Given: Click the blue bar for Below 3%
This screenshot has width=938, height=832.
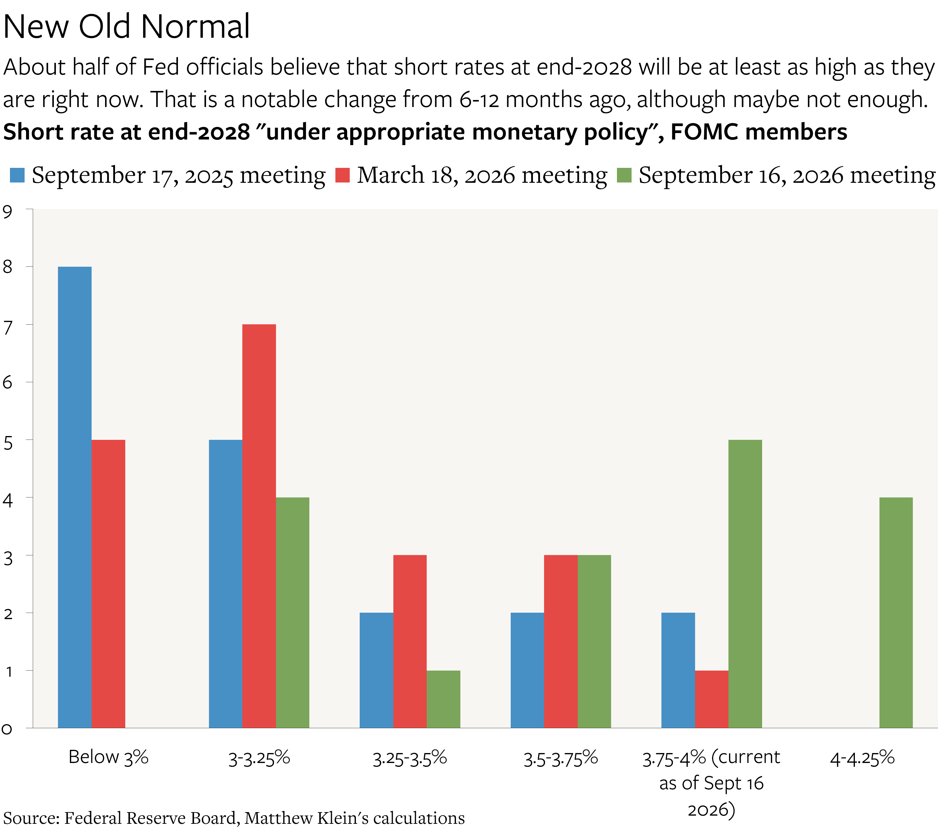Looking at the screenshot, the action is (x=75, y=497).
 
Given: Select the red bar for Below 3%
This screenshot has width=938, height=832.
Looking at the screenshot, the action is (x=108, y=584).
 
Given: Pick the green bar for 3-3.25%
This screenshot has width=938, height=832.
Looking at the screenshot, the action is (x=293, y=613).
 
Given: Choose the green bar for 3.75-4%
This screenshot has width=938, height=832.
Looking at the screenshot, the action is (x=745, y=584).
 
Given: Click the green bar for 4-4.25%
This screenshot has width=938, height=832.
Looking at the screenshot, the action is (x=896, y=613).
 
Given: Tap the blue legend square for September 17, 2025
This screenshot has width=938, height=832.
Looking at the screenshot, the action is (x=17, y=175).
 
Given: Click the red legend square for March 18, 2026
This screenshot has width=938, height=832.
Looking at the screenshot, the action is (x=342, y=175).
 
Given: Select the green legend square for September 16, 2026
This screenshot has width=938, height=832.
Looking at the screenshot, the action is (x=624, y=175).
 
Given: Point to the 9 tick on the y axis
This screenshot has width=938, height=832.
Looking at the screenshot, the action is (x=29, y=209).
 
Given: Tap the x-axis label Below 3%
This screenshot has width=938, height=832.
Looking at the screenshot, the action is (x=108, y=757).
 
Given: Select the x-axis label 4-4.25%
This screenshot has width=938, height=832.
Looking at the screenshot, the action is (x=862, y=758).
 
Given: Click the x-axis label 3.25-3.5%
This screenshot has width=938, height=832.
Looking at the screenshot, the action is (x=410, y=758).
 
